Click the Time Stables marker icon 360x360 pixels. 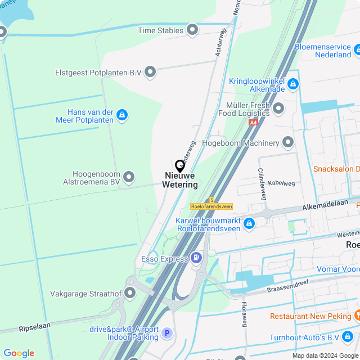pyautogui.click(x=192, y=29)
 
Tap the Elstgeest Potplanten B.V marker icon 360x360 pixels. pyautogui.click(x=150, y=72)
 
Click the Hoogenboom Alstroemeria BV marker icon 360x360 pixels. pyautogui.click(x=129, y=178)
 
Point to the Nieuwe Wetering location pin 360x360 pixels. pyautogui.click(x=180, y=166)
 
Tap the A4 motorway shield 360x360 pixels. pyautogui.click(x=254, y=121)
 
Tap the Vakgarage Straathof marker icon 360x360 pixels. pyautogui.click(x=130, y=293)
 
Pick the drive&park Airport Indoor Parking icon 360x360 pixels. pyautogui.click(x=166, y=334)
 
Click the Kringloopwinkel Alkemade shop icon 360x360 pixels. pyautogui.click(x=292, y=84)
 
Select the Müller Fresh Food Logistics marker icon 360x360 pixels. pyautogui.click(x=278, y=109)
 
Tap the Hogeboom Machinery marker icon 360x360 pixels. pyautogui.click(x=288, y=143)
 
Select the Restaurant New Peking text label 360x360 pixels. pyautogui.click(x=310, y=316)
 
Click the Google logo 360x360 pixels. pyautogui.click(x=19, y=353)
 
